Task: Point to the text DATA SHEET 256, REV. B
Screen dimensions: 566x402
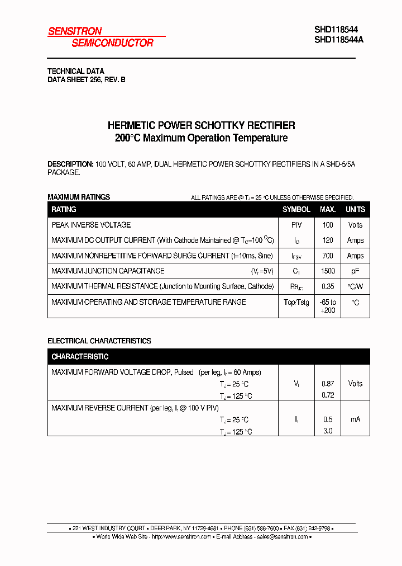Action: click(x=86, y=80)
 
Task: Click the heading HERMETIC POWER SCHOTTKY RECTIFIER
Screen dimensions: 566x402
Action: click(x=201, y=126)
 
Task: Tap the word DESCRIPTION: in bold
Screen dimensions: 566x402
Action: click(x=70, y=164)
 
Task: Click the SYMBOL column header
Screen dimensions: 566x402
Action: click(x=296, y=210)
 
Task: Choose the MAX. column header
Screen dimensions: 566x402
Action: click(x=328, y=210)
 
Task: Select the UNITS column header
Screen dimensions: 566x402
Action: click(x=355, y=210)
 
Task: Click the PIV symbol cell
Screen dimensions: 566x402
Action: click(x=296, y=225)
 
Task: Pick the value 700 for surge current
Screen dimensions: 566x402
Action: click(x=328, y=256)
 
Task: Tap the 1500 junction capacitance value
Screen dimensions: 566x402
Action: click(x=328, y=271)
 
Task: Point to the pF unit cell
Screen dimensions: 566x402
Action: click(x=355, y=271)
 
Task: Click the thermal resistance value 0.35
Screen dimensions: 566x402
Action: click(x=328, y=286)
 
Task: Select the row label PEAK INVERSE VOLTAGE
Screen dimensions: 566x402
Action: click(x=91, y=225)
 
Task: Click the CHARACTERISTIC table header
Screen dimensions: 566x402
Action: click(x=80, y=357)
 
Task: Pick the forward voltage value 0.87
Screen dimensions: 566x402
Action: click(x=328, y=384)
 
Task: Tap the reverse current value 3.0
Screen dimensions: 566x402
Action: click(x=328, y=431)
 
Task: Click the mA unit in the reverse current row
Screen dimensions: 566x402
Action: click(x=355, y=419)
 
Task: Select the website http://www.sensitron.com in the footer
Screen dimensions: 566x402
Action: click(x=181, y=537)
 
